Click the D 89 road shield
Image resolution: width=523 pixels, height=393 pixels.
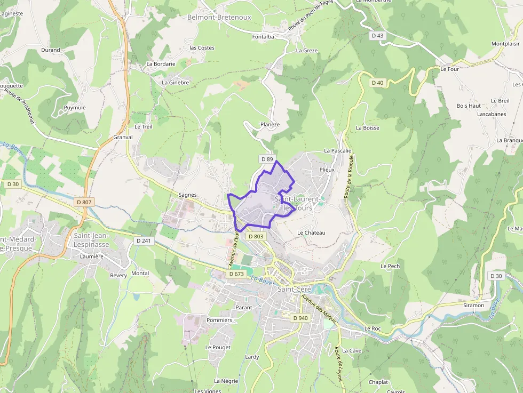tap(267, 159)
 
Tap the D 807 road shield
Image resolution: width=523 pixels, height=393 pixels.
tap(84, 202)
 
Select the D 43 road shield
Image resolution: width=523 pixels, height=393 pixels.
tap(377, 36)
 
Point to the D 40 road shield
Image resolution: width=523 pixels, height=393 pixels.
tap(377, 83)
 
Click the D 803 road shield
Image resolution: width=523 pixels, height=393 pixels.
tap(256, 236)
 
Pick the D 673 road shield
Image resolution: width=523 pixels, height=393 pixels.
tap(236, 274)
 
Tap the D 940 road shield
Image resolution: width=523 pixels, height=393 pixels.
tap(300, 318)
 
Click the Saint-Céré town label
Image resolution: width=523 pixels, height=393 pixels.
tap(294, 289)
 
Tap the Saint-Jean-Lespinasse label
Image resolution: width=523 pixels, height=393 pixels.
tap(91, 240)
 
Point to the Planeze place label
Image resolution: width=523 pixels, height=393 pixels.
tap(270, 125)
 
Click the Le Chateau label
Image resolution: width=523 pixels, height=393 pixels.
tap(311, 232)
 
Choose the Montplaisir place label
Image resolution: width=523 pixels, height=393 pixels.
tap(505, 44)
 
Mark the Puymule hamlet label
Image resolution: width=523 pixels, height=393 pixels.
tap(75, 108)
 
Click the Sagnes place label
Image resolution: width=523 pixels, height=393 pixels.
tap(187, 195)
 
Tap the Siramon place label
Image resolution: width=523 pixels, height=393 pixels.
tap(473, 306)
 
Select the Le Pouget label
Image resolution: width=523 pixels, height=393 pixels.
tap(218, 347)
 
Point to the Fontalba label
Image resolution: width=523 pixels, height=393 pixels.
tap(263, 37)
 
